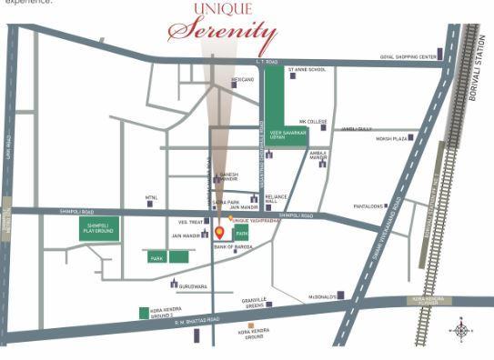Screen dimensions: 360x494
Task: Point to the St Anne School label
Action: [307, 70]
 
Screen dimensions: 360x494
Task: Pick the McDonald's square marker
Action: [344, 295]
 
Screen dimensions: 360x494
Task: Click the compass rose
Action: [461, 330]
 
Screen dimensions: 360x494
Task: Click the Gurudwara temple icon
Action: [174, 283]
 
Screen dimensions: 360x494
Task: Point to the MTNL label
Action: [152, 197]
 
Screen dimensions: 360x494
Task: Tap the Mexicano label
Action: [242, 80]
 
